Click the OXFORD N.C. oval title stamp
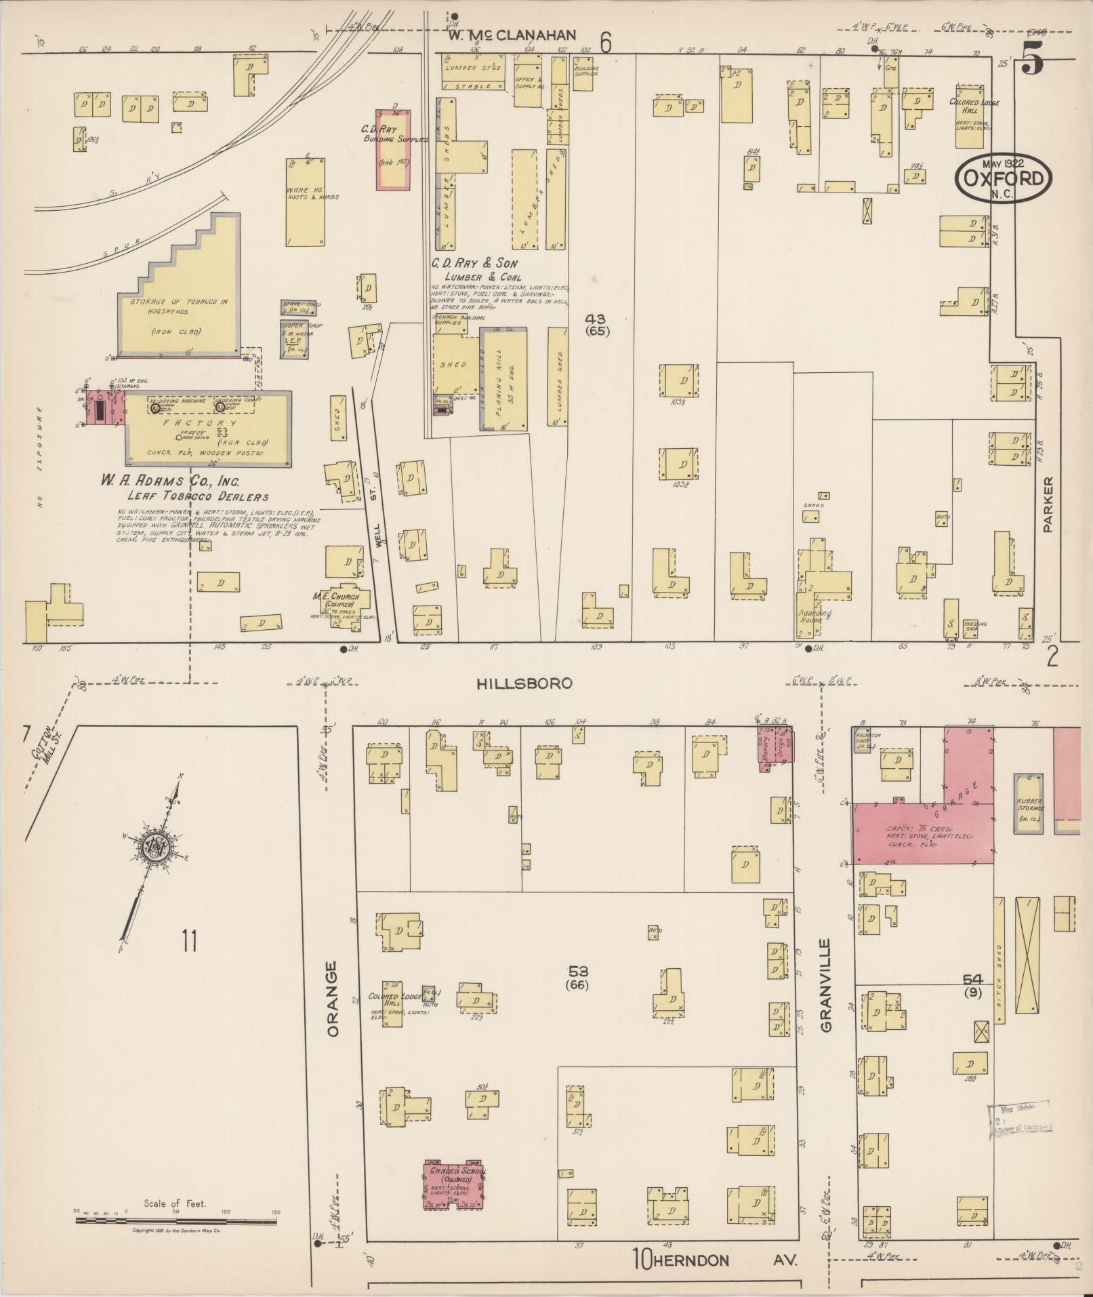point(1004,178)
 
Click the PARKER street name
point(1048,504)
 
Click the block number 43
point(599,319)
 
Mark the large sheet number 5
point(1033,56)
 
